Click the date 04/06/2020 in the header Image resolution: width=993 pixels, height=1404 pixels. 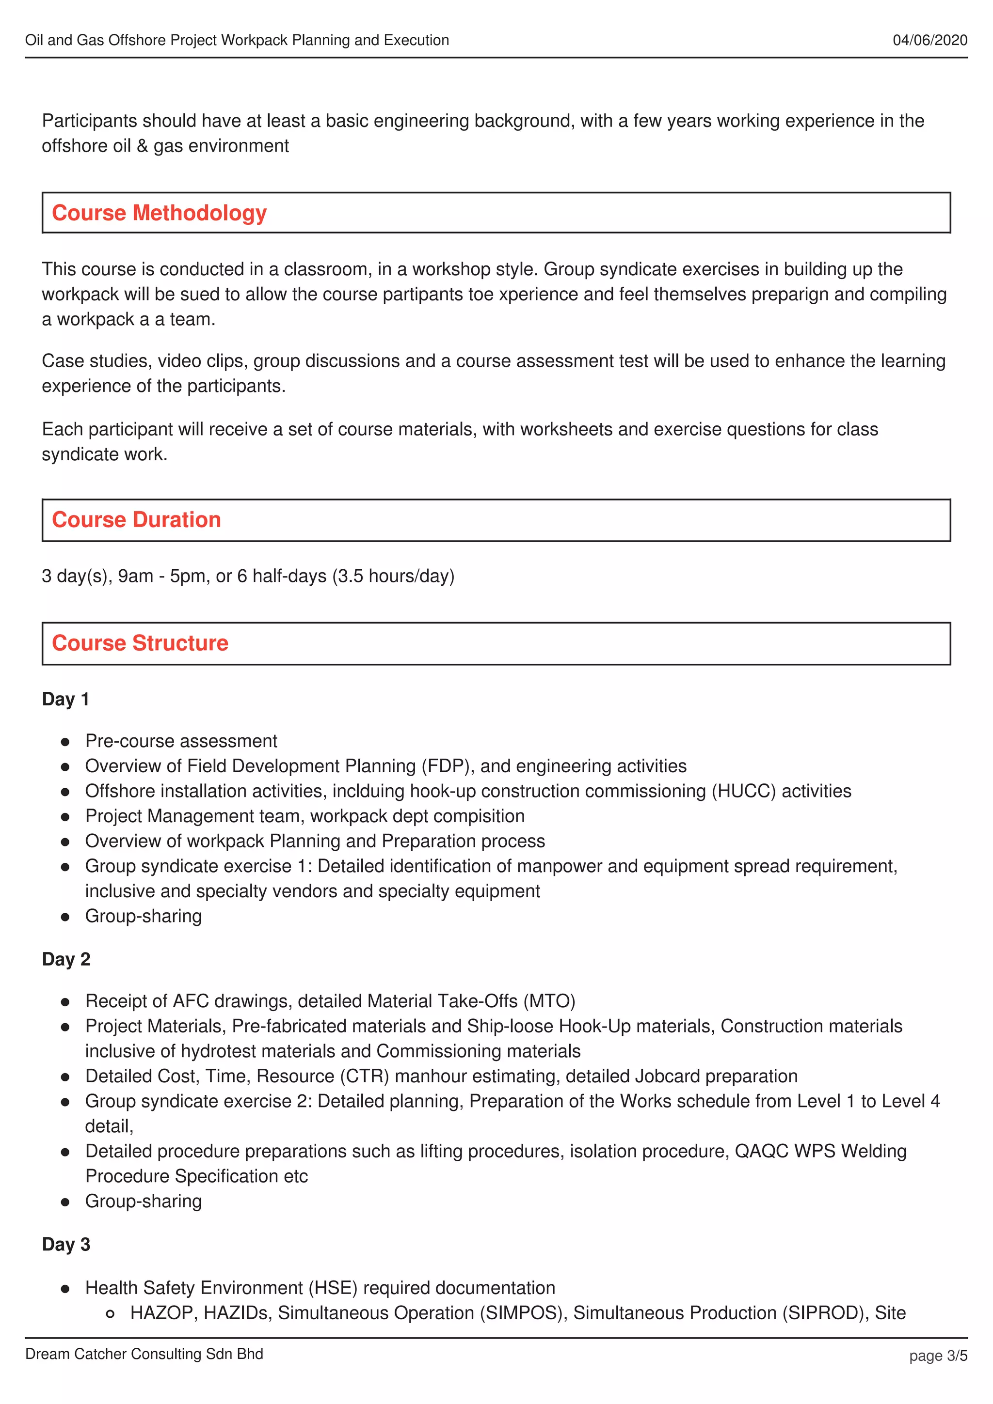coord(929,40)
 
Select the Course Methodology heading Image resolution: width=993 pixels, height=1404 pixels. coord(159,213)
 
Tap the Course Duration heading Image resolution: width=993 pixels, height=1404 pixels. coord(136,520)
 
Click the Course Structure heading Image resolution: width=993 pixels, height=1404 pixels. coord(140,643)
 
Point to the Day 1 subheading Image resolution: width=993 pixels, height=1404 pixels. coord(65,699)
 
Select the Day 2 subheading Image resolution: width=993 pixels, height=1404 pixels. coord(65,959)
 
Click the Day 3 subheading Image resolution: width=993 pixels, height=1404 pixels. coord(65,1245)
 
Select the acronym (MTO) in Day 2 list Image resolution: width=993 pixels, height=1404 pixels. coord(549,1001)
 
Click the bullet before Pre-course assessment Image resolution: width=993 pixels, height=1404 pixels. coord(65,742)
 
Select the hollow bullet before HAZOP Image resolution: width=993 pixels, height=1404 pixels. coord(110,1314)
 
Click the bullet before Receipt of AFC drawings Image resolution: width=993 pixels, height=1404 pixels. coord(65,1002)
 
